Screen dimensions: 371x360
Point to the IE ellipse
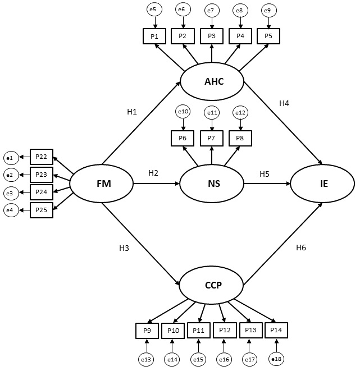(322, 184)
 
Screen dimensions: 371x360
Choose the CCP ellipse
(211, 285)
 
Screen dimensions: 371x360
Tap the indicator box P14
(276, 331)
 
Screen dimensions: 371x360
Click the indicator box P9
(147, 331)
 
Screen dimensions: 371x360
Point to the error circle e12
(240, 113)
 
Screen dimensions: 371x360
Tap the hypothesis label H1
(132, 112)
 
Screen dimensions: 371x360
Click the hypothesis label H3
(124, 248)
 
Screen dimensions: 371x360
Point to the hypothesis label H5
(265, 173)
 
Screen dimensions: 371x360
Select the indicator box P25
(42, 210)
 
